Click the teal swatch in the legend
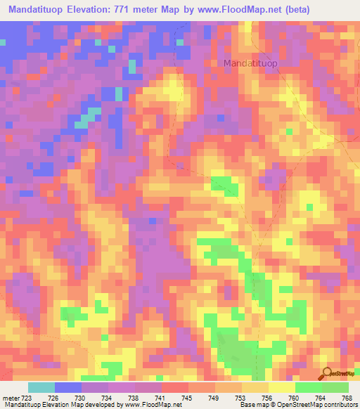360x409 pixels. tap(41, 387)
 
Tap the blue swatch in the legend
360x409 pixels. tap(68, 387)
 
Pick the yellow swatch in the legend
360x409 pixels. tap(282, 387)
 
